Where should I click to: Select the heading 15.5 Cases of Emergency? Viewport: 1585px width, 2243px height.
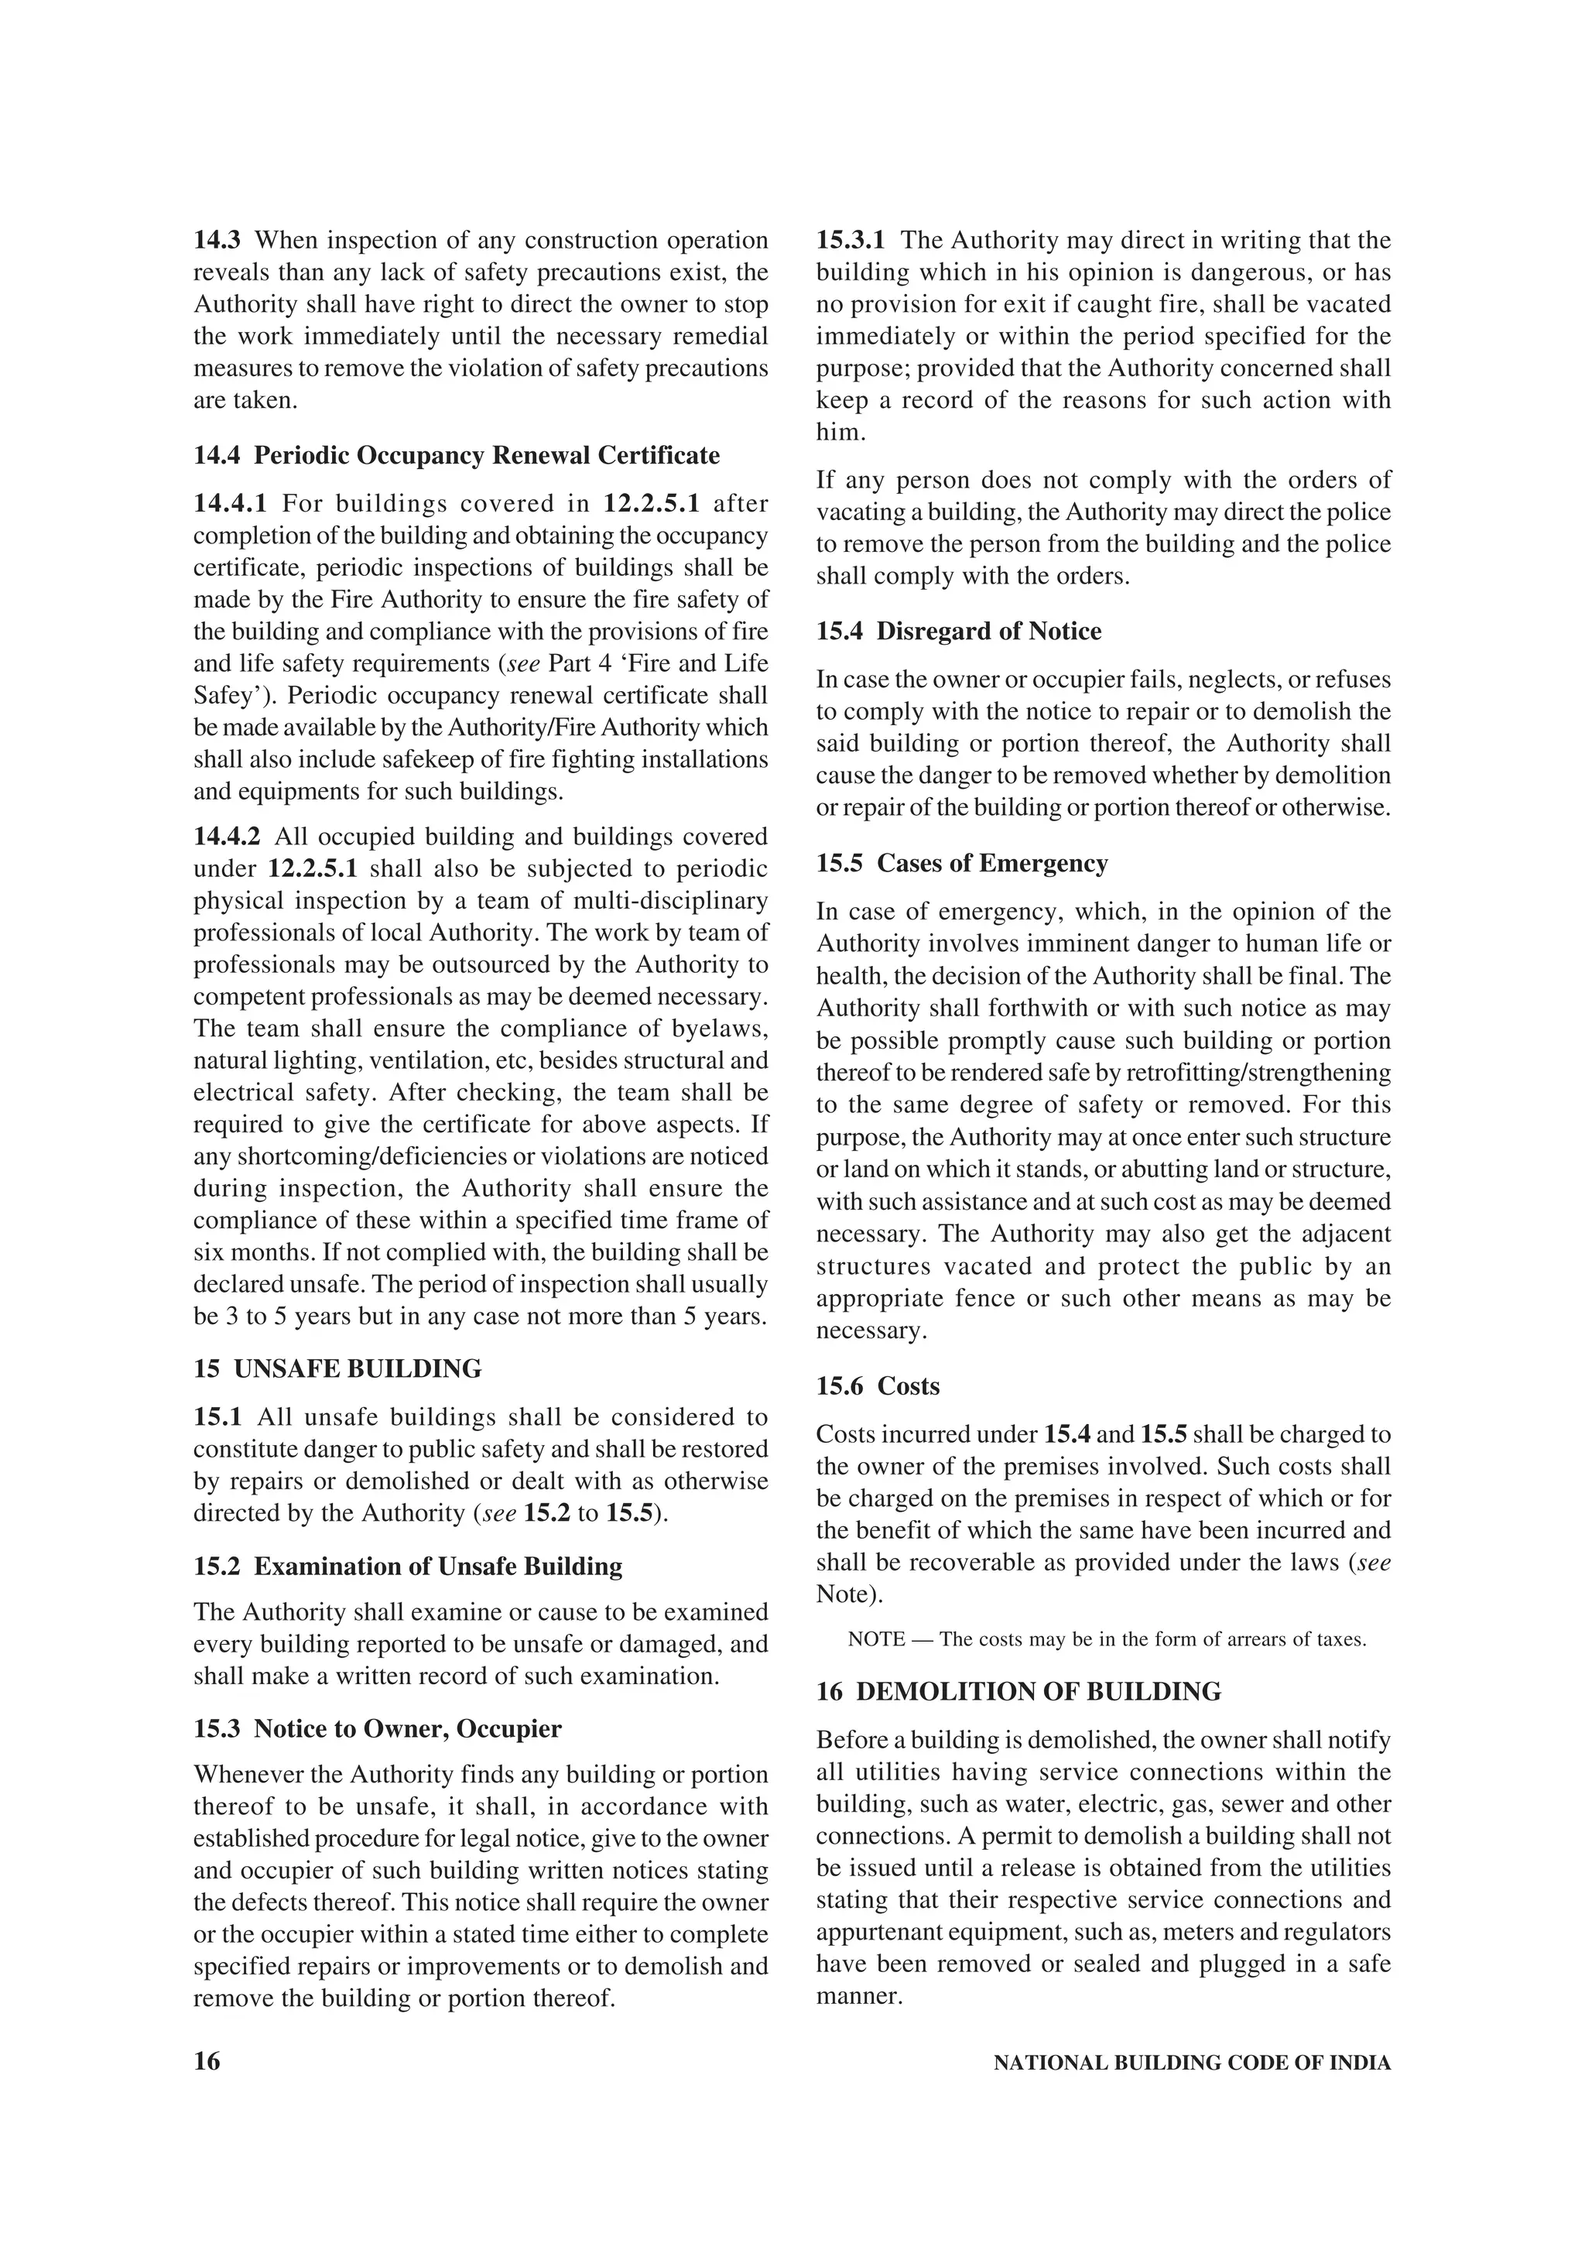tap(962, 864)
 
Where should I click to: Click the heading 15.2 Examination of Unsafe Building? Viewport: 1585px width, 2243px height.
tap(407, 1567)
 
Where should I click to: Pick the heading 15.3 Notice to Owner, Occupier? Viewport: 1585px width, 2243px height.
tap(377, 1729)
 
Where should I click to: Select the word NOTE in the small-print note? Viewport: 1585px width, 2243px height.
tap(876, 1640)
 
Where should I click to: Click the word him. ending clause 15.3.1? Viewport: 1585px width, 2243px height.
tap(840, 433)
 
